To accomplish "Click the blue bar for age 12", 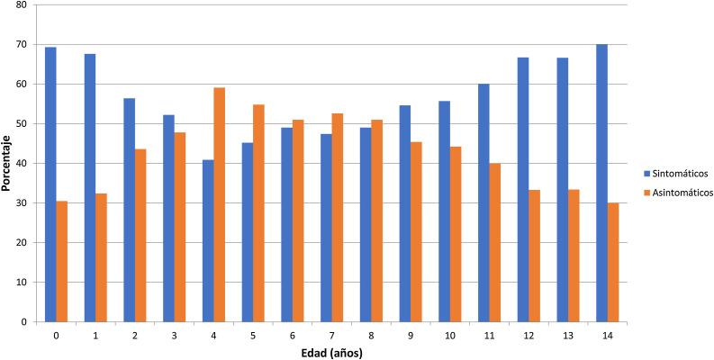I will pyautogui.click(x=523, y=189).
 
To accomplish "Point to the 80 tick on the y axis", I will pyautogui.click(x=21, y=5).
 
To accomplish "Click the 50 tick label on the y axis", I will pyautogui.click(x=21, y=124).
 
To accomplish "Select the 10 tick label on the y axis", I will pyautogui.click(x=21, y=283).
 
